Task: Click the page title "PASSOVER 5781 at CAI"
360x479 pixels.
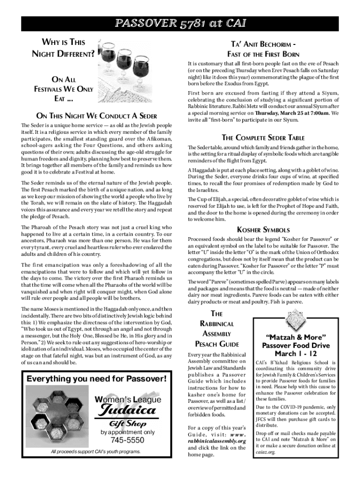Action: tap(180, 23)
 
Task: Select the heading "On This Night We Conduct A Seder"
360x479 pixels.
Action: tap(96, 116)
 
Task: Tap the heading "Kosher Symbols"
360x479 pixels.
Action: tap(264, 230)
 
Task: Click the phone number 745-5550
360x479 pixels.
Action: tap(128, 441)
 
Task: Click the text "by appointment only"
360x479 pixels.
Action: tap(128, 432)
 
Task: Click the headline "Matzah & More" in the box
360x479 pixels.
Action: tap(295, 337)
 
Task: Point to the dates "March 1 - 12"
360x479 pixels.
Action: tap(295, 354)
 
